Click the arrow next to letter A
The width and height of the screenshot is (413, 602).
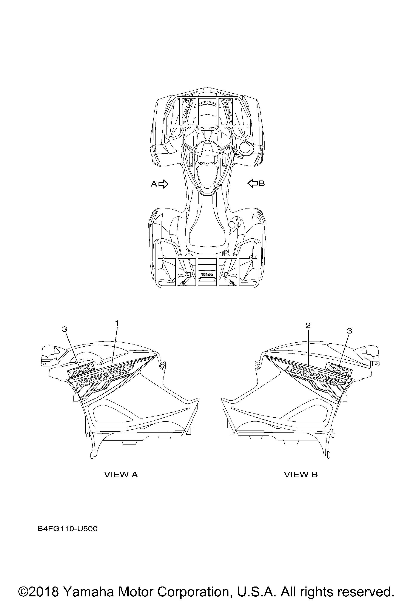(163, 184)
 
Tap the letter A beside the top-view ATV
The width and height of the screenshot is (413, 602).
(154, 184)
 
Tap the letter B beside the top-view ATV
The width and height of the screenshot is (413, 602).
(262, 184)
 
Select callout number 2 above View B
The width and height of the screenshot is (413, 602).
(308, 325)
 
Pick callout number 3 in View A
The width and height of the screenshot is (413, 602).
(65, 329)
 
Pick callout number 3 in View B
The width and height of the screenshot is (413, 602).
(350, 331)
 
